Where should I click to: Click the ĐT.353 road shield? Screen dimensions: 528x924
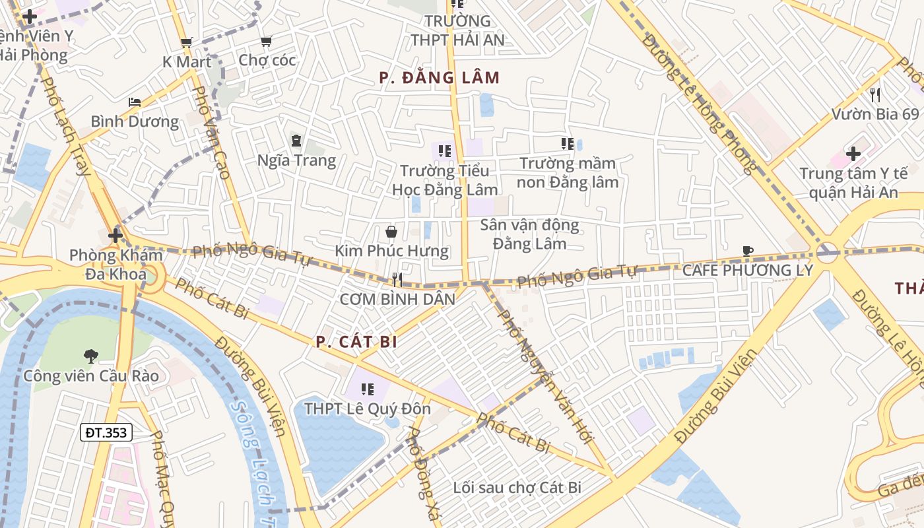(107, 432)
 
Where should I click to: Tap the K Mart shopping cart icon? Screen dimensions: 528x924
(187, 43)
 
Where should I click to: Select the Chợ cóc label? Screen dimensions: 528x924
(267, 60)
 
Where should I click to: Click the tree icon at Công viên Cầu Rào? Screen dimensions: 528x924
(91, 356)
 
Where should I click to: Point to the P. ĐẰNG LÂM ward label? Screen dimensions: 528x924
(439, 78)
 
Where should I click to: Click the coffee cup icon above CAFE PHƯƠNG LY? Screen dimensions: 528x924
(748, 251)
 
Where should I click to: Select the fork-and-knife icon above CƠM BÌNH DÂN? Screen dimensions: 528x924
(397, 279)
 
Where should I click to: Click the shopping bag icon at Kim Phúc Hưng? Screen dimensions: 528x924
(391, 232)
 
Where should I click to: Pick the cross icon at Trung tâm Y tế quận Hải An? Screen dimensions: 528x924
(853, 154)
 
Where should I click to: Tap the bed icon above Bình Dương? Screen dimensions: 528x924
(135, 102)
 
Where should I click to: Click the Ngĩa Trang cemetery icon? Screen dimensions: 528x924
(296, 140)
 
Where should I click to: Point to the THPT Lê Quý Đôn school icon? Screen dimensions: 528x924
(368, 389)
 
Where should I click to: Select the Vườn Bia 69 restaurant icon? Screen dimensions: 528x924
(875, 94)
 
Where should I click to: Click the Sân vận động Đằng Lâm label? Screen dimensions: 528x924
(529, 234)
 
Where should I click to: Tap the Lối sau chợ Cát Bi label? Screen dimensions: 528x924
(517, 488)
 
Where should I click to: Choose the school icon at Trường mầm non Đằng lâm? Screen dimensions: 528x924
(566, 143)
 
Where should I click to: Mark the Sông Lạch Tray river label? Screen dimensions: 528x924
(254, 455)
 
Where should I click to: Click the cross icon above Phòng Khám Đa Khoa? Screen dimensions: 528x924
(115, 235)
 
